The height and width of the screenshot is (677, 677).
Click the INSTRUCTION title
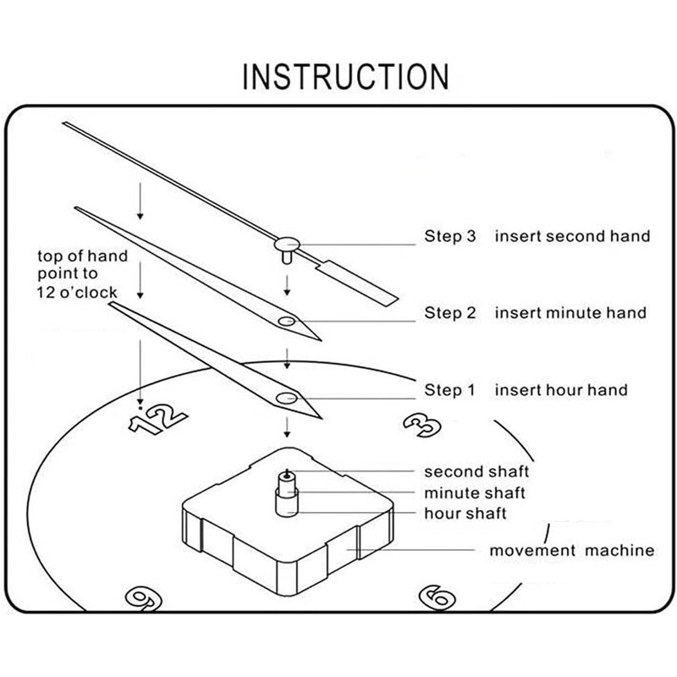(x=345, y=76)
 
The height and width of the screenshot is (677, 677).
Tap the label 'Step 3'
(x=450, y=236)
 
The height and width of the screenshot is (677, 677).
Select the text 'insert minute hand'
(x=570, y=312)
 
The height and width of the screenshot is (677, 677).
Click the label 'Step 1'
(x=449, y=390)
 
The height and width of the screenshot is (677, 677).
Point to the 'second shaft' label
(x=476, y=471)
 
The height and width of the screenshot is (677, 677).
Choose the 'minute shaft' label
(x=475, y=493)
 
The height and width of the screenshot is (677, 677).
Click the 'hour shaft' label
(x=465, y=514)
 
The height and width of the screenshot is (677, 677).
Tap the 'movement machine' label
(x=572, y=551)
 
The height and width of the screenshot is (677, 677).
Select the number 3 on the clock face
(x=421, y=425)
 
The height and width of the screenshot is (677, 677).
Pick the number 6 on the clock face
(x=437, y=598)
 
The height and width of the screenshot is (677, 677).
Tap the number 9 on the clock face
(x=144, y=599)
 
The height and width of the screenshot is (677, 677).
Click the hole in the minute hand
(x=286, y=321)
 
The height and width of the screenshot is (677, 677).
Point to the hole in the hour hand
(x=286, y=398)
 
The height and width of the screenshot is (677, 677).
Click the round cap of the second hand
(x=287, y=245)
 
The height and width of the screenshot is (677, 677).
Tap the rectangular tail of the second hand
(x=356, y=283)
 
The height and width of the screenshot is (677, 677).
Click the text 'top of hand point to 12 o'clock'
(x=82, y=273)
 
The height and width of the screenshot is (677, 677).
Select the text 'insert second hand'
(x=573, y=236)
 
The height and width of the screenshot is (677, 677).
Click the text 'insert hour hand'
(x=561, y=390)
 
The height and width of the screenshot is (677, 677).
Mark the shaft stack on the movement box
(x=287, y=493)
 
